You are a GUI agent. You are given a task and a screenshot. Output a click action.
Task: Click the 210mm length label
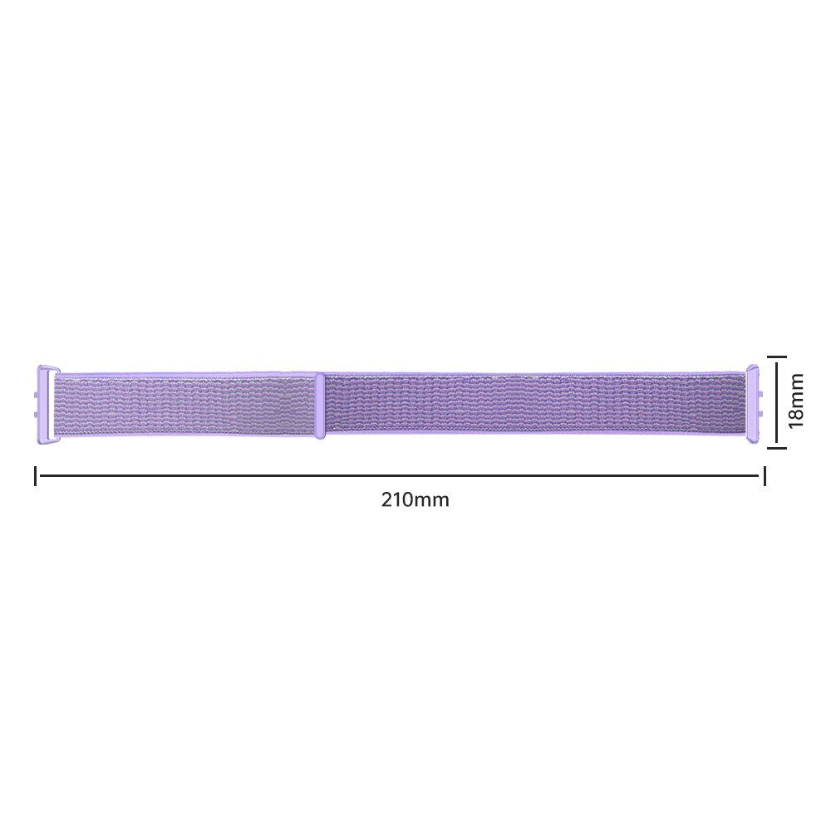415,500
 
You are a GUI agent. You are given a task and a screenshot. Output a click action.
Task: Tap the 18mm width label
796,401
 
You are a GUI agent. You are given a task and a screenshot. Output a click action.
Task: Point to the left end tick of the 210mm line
35,476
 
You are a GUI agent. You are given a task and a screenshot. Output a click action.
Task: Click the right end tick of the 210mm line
765,476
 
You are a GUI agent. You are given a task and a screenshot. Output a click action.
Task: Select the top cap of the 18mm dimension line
777,356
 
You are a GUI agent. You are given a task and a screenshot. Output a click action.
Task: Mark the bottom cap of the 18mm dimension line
777,447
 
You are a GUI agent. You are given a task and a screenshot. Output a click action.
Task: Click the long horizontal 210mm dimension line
399,476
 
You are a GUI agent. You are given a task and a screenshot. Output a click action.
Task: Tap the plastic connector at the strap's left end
47,405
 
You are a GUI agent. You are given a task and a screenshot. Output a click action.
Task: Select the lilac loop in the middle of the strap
319,405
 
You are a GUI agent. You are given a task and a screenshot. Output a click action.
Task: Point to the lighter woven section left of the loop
183,405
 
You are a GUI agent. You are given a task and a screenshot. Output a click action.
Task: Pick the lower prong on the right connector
761,413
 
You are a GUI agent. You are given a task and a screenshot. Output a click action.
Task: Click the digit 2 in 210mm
387,500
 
